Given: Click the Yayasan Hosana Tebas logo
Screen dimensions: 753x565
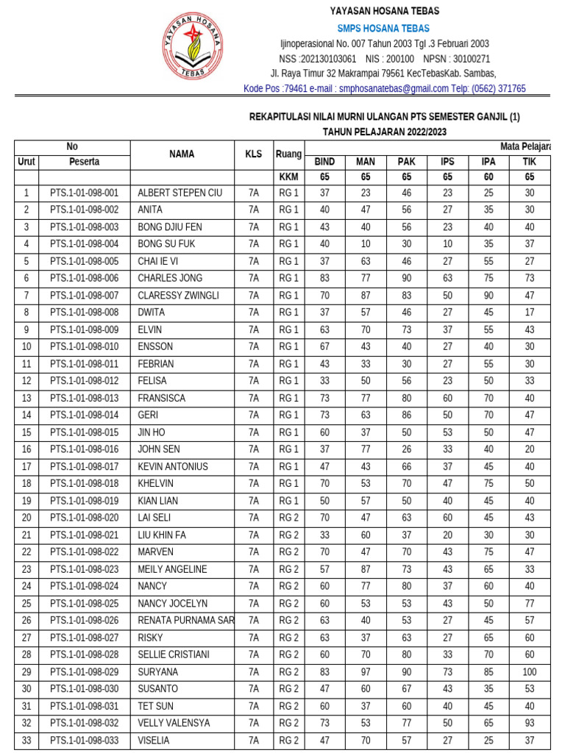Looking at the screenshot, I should point(193,46).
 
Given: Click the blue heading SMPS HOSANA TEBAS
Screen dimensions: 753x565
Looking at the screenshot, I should point(384,28).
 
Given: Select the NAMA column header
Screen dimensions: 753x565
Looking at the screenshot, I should point(182,154).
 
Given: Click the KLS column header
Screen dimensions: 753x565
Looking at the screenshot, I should point(254,154).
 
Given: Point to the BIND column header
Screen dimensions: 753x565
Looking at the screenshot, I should point(324,162).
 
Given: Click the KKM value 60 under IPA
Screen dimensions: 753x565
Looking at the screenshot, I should point(488,177).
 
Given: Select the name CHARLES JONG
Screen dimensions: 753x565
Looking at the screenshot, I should point(170,278).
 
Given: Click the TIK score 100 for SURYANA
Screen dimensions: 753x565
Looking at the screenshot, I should point(530,672).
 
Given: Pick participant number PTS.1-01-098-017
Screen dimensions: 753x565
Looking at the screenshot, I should point(84,466).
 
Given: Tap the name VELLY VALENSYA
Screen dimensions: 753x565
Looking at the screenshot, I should point(173,723).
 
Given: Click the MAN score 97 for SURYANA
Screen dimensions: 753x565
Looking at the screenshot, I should point(366,672).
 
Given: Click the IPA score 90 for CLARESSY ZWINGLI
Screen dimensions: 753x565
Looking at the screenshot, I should point(488,295).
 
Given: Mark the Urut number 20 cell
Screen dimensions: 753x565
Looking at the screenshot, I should point(26,518).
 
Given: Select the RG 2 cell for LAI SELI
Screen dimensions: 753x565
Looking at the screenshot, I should point(288,518).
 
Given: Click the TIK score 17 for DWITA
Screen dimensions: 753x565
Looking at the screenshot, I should point(530,312).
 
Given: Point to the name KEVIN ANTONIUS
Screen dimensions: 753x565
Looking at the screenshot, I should point(173,466).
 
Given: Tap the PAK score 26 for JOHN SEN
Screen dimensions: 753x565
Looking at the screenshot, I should point(407,449).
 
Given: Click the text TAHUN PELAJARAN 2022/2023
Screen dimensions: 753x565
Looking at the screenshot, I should point(384,132).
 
